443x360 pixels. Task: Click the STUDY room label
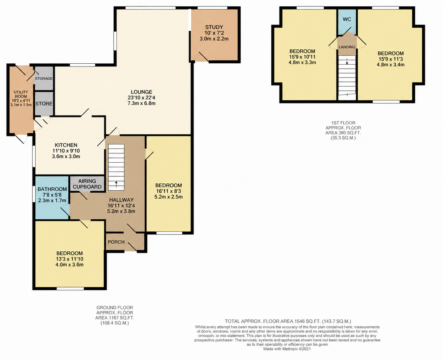(x=214, y=27)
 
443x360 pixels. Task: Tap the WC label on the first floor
(x=347, y=19)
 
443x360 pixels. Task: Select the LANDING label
(x=347, y=47)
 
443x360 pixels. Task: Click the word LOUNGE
(x=141, y=92)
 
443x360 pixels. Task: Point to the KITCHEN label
(x=66, y=145)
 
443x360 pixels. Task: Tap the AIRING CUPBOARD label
(x=87, y=184)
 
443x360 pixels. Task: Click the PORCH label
(x=116, y=242)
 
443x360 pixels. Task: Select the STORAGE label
(x=44, y=78)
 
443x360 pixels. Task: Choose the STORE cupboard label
(x=44, y=103)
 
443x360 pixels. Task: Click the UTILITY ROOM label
(x=21, y=94)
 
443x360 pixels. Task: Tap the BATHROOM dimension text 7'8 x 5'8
(x=52, y=195)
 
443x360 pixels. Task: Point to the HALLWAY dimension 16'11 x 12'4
(x=121, y=206)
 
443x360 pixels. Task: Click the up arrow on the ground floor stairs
(x=116, y=184)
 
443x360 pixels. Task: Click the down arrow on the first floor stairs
(x=347, y=61)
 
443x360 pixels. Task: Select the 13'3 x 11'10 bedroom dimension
(x=69, y=259)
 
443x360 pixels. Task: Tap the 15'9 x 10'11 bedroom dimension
(x=302, y=57)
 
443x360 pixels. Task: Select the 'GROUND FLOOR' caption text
(x=115, y=307)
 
